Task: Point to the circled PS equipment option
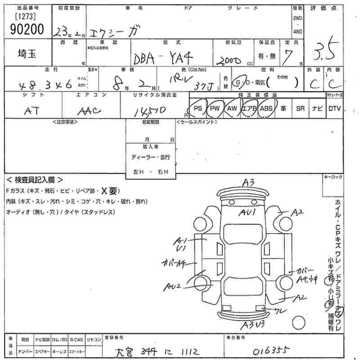click(197, 108)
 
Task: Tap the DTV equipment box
click(334, 108)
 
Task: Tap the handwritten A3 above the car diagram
click(248, 182)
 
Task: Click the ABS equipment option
click(266, 108)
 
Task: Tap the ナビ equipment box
click(317, 108)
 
